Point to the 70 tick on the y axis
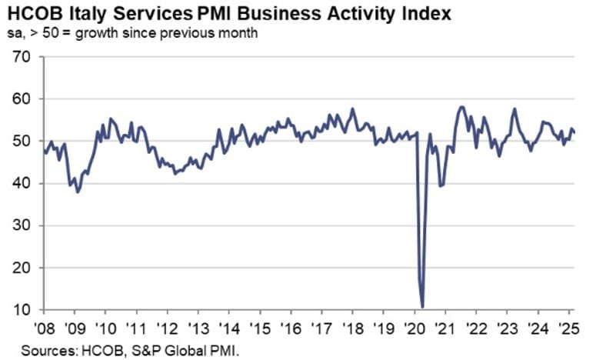pos(21,57)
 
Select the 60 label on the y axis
pos(21,99)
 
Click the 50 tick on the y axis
pos(21,142)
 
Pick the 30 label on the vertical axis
pos(21,226)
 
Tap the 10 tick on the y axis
pos(21,310)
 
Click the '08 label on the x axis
pos(44,326)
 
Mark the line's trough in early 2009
pos(78,192)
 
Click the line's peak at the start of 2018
pos(352,108)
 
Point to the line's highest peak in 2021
pos(461,107)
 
